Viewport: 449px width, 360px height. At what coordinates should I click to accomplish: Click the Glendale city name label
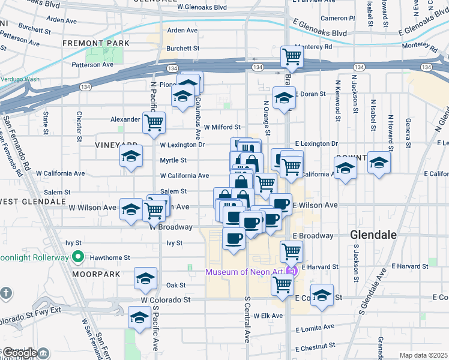pos(373,235)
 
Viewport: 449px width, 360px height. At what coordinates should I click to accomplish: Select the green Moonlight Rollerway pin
pos(77,257)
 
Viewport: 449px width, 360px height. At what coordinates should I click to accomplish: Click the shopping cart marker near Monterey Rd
pos(292,56)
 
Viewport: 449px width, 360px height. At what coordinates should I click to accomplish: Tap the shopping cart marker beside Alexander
pos(154,122)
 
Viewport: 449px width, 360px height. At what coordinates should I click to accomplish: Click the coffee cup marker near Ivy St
pos(234,238)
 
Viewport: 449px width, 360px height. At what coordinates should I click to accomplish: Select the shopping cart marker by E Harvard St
pos(291,250)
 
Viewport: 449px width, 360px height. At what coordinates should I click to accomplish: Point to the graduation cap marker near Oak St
pos(145,279)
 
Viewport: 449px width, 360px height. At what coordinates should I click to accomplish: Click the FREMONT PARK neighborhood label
pos(91,44)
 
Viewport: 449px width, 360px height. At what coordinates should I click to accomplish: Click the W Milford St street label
pos(221,127)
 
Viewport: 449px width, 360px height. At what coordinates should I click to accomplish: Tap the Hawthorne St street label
pos(109,257)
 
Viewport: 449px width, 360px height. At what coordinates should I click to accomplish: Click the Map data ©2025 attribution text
pos(423,355)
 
